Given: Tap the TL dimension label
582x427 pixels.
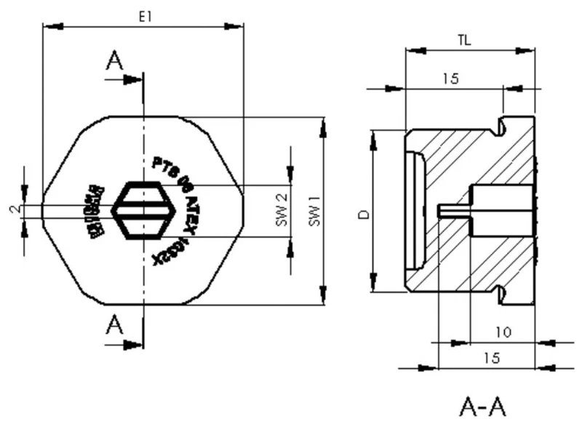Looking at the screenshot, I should tap(463, 41).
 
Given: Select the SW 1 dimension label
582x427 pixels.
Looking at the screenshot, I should tap(314, 211).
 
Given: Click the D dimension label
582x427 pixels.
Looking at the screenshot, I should tap(362, 213).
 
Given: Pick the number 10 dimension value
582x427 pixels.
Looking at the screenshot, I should tap(503, 332).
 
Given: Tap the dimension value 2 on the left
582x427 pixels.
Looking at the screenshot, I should tap(14, 209).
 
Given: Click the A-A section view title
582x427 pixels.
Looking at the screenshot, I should tap(482, 405).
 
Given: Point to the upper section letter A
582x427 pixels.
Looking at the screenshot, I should tap(115, 61).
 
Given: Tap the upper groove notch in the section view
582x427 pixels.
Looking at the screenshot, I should tap(500, 127).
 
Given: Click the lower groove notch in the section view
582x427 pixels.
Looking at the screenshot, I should tap(500, 294).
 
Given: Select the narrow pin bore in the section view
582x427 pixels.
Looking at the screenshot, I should tap(455, 209).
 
